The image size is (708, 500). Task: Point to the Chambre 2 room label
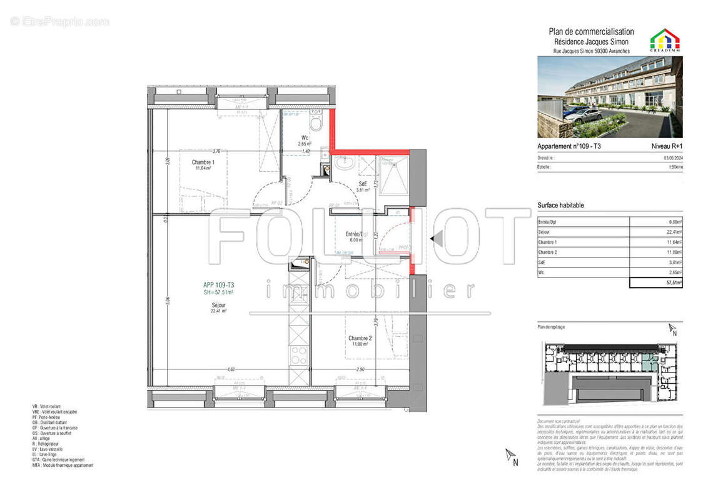point(360,341)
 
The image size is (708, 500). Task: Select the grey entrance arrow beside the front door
point(437,238)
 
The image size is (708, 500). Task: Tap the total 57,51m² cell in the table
point(655,282)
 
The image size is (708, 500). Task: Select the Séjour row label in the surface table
point(545,232)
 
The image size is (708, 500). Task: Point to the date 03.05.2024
point(671,158)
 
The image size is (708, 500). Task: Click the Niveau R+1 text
point(667,146)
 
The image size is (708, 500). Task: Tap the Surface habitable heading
point(561,205)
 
